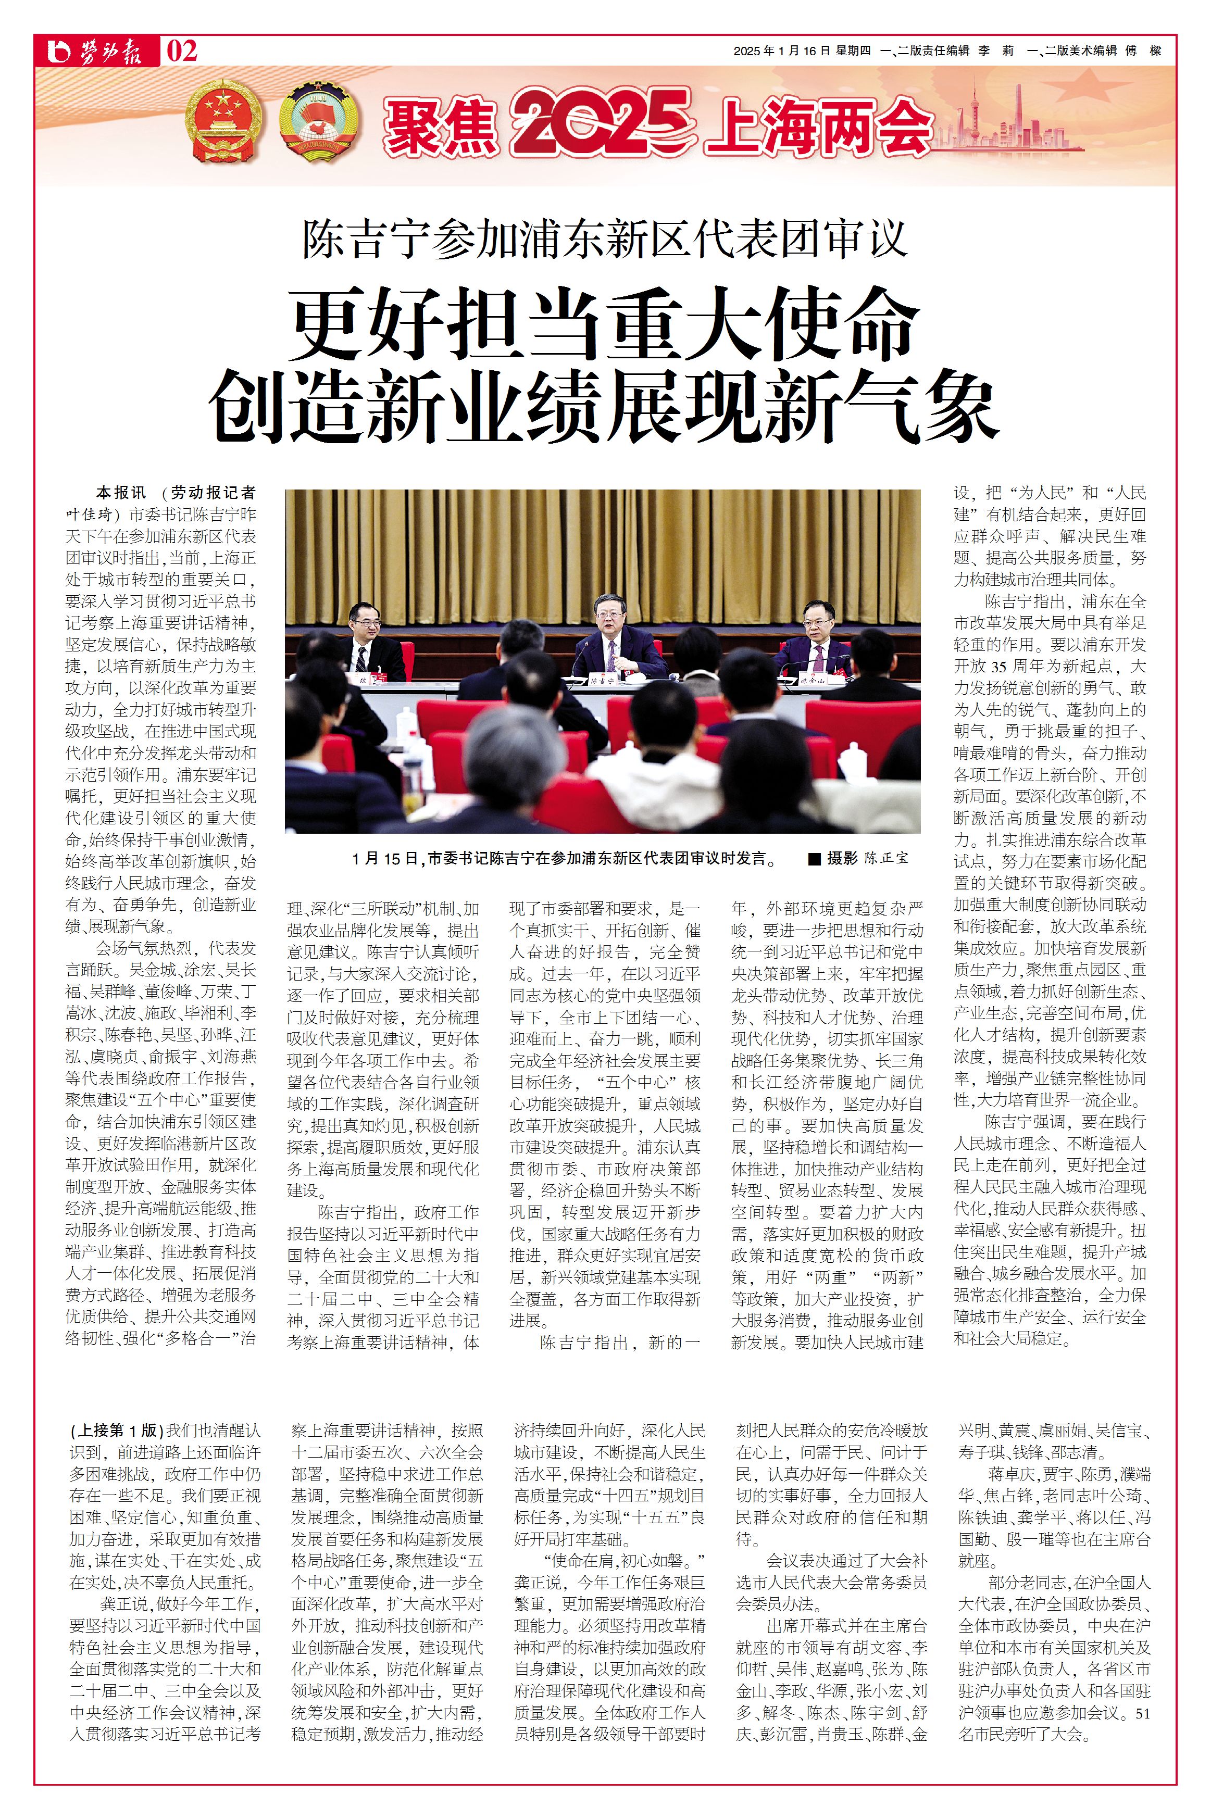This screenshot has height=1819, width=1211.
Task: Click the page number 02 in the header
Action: point(182,52)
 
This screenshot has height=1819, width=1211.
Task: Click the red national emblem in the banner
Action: point(223,123)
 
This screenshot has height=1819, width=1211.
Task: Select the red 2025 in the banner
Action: point(598,122)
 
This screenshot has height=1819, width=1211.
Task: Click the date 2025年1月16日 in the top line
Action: point(781,51)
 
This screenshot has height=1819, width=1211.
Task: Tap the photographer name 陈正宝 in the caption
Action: point(886,859)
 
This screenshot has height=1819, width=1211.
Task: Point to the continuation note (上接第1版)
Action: point(116,1430)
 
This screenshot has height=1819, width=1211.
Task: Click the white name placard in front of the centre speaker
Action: point(605,681)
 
